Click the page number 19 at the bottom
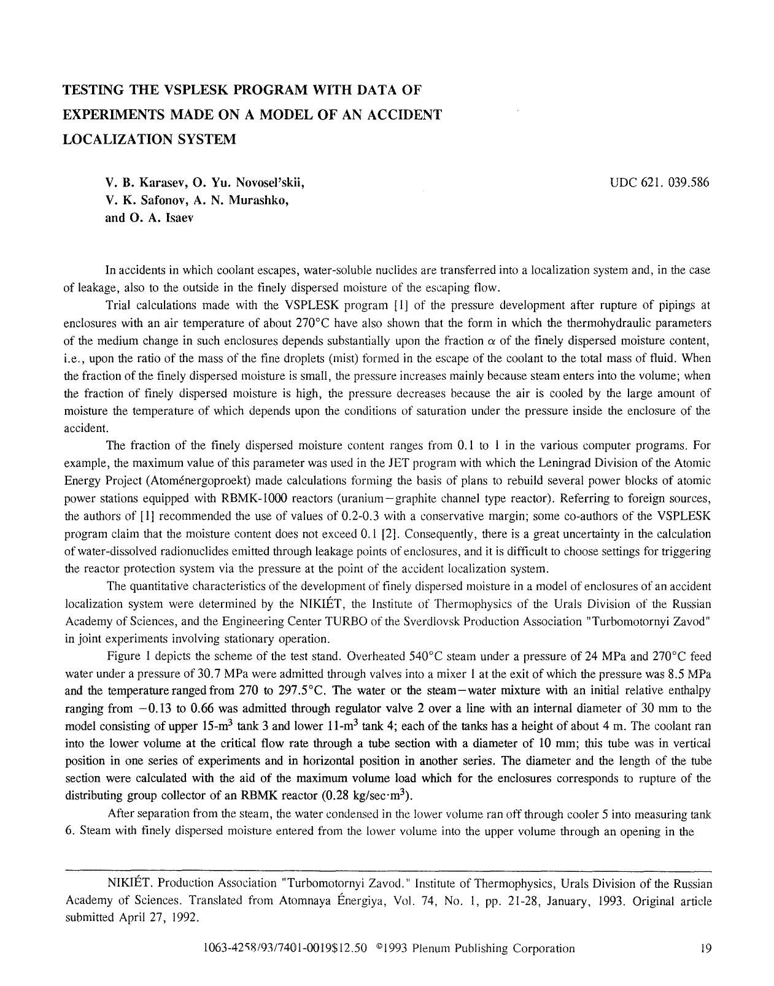pos(705,948)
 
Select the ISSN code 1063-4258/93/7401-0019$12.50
pos(284,948)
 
